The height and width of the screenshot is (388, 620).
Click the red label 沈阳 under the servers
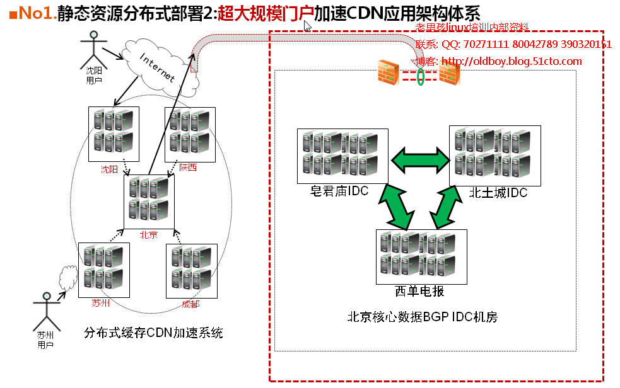(x=109, y=169)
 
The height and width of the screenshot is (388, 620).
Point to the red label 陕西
(x=187, y=168)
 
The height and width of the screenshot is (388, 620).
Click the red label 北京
(x=149, y=235)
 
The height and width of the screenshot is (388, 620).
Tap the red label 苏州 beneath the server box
(x=101, y=304)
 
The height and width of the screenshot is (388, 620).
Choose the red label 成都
(x=190, y=304)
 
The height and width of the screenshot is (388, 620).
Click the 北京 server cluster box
(x=149, y=202)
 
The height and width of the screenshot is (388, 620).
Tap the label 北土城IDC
(x=498, y=193)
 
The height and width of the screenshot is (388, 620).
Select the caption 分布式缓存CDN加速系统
(x=153, y=333)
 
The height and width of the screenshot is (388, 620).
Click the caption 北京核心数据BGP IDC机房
(x=422, y=317)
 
